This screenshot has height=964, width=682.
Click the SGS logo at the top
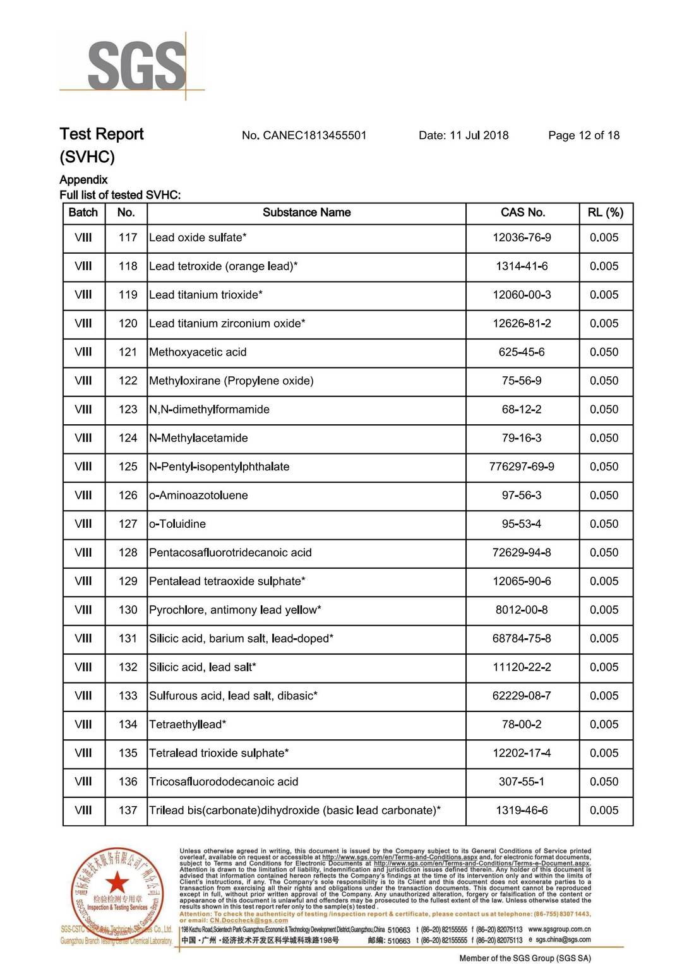136,64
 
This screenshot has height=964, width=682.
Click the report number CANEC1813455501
314,135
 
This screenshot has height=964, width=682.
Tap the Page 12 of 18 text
583,135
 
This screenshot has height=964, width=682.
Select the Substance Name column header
306,213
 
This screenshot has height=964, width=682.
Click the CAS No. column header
522,213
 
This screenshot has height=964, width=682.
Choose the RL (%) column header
605,213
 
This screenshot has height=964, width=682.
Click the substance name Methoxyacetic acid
198,352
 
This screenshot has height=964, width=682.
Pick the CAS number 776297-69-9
522,467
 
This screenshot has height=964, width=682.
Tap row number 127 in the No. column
128,524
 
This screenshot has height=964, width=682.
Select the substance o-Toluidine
177,524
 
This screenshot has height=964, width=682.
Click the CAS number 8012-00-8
522,610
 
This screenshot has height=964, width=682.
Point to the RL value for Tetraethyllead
604,725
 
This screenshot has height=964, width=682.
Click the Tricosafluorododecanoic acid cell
224,782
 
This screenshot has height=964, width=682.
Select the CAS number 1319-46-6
522,811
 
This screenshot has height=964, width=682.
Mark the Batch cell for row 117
83,238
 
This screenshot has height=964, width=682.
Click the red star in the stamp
117,882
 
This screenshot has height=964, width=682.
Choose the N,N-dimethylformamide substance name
209,410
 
